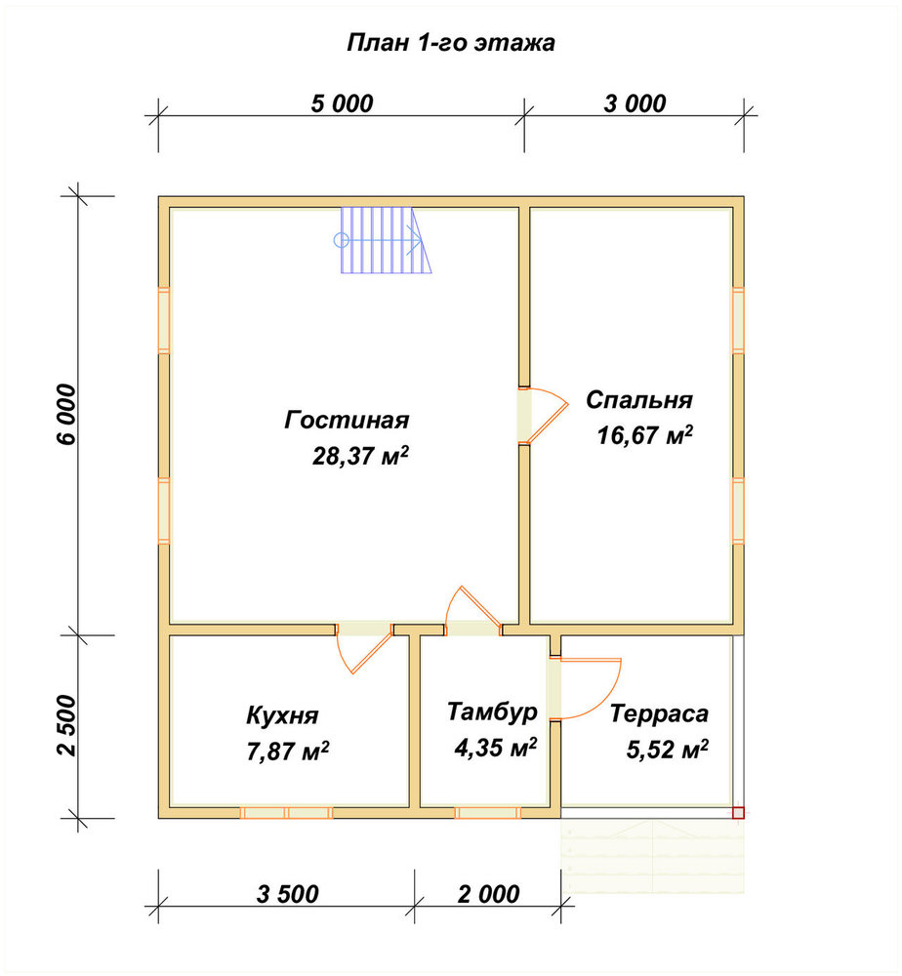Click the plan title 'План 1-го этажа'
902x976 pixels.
pyautogui.click(x=451, y=43)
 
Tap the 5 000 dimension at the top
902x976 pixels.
pyautogui.click(x=342, y=103)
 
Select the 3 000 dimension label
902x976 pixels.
pyautogui.click(x=635, y=103)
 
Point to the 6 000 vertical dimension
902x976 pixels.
pyautogui.click(x=66, y=415)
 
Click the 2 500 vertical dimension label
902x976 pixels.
pyautogui.click(x=66, y=726)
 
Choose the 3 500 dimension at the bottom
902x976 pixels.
pyautogui.click(x=288, y=894)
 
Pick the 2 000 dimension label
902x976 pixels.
pyautogui.click(x=489, y=894)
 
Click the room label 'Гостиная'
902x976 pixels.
pyautogui.click(x=347, y=420)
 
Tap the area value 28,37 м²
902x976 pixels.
pyautogui.click(x=360, y=456)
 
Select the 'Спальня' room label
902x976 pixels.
pyautogui.click(x=639, y=399)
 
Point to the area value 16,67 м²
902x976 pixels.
pyautogui.click(x=645, y=435)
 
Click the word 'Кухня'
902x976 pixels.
pyautogui.click(x=283, y=715)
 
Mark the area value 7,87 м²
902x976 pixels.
pyautogui.click(x=288, y=752)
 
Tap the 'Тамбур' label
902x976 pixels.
pyautogui.click(x=492, y=712)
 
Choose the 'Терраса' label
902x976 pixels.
pyautogui.click(x=659, y=713)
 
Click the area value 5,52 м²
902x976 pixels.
pyautogui.click(x=668, y=750)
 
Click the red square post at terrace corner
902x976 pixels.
pyautogui.click(x=738, y=812)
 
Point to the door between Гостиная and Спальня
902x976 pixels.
pyautogui.click(x=542, y=415)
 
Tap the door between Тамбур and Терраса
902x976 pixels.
pyautogui.click(x=585, y=688)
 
